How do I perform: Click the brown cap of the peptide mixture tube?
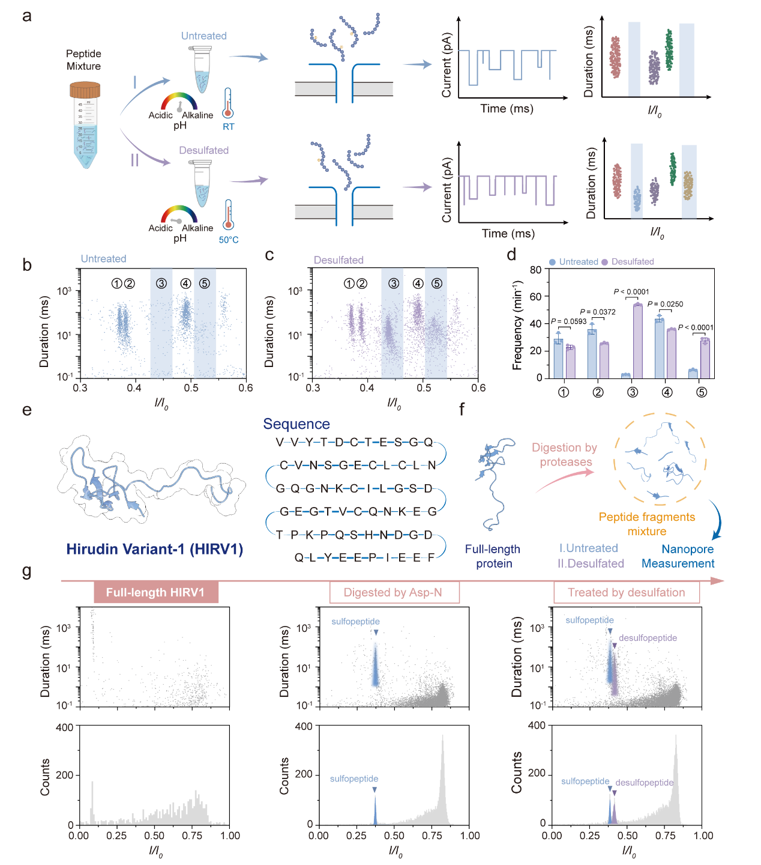[85, 90]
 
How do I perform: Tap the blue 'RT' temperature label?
[228, 127]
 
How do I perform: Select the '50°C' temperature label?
[229, 240]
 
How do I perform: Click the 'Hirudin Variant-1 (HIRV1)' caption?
[154, 549]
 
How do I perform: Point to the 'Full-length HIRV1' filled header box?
[155, 592]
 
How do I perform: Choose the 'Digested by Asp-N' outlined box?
[394, 592]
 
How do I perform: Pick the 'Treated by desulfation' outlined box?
[626, 592]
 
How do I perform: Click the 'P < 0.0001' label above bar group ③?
[631, 292]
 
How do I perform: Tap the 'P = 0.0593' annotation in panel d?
[569, 321]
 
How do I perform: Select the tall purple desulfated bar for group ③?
[637, 341]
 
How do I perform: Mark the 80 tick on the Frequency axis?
[535, 270]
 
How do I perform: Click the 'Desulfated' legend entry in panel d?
[632, 262]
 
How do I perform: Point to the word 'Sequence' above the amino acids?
[296, 424]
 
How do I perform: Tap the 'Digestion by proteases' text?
[565, 455]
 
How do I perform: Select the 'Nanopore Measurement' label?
[678, 556]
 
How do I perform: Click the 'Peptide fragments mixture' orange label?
[647, 524]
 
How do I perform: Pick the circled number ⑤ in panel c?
[436, 284]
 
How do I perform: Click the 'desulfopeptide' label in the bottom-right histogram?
[645, 783]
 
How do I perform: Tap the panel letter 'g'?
[26, 570]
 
